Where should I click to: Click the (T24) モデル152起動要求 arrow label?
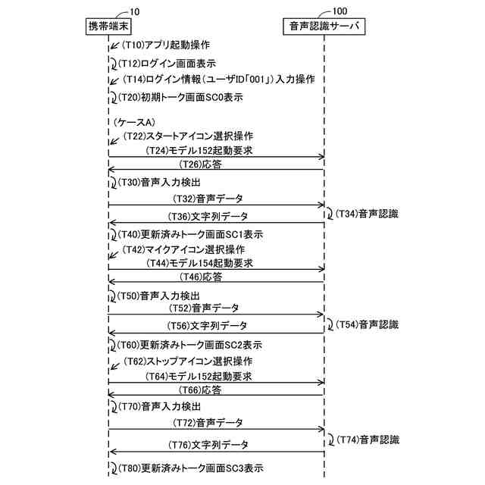coord(199,152)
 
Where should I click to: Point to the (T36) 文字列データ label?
coord(206,217)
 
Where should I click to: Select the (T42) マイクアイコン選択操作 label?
coord(183,249)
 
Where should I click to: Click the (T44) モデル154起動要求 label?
coord(199,263)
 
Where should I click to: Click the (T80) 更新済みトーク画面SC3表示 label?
coord(192,468)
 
